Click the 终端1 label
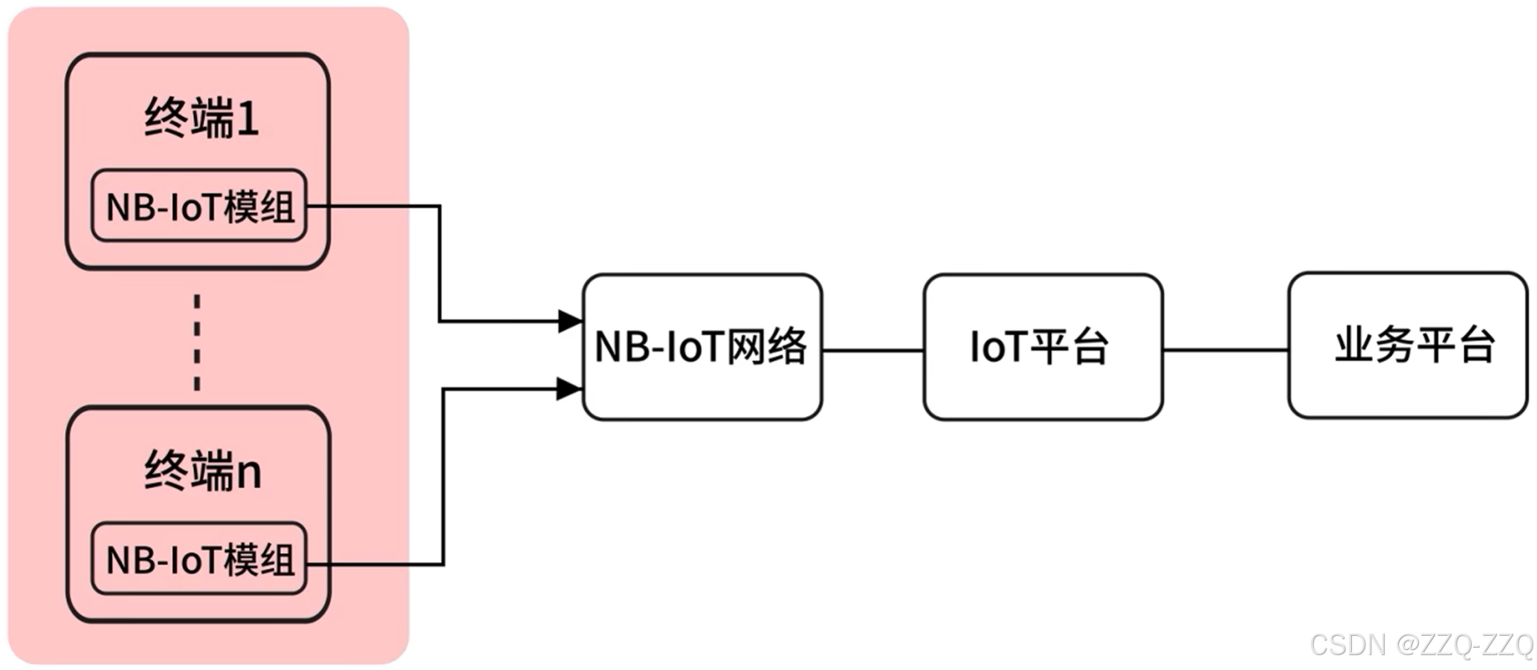201,118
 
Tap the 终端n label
203,471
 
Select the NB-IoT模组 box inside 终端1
199,206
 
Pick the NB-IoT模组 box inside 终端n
199,559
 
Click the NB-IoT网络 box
702,347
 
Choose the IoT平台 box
1042,347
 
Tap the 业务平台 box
1407,345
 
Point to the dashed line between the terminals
197,342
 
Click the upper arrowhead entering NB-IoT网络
570,321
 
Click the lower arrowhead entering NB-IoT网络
569,388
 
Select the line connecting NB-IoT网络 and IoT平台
873,350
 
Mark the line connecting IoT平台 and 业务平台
1225,349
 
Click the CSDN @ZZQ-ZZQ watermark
1421,645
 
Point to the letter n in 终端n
248,473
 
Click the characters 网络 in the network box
767,346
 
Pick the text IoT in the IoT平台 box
997,347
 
